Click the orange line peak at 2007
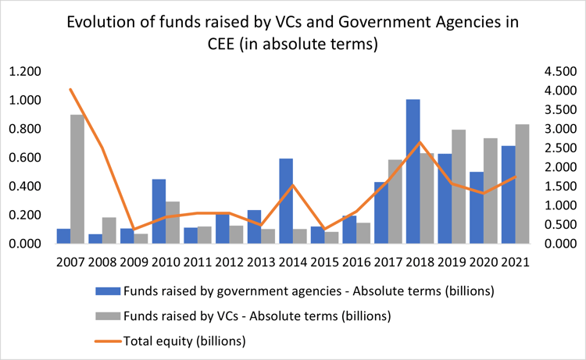[x=70, y=89]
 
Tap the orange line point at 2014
[x=293, y=185]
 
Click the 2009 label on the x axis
[x=134, y=262]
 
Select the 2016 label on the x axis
[x=356, y=262]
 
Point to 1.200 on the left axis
[x=24, y=72]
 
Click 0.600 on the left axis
[x=24, y=158]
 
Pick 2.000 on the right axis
[x=556, y=167]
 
